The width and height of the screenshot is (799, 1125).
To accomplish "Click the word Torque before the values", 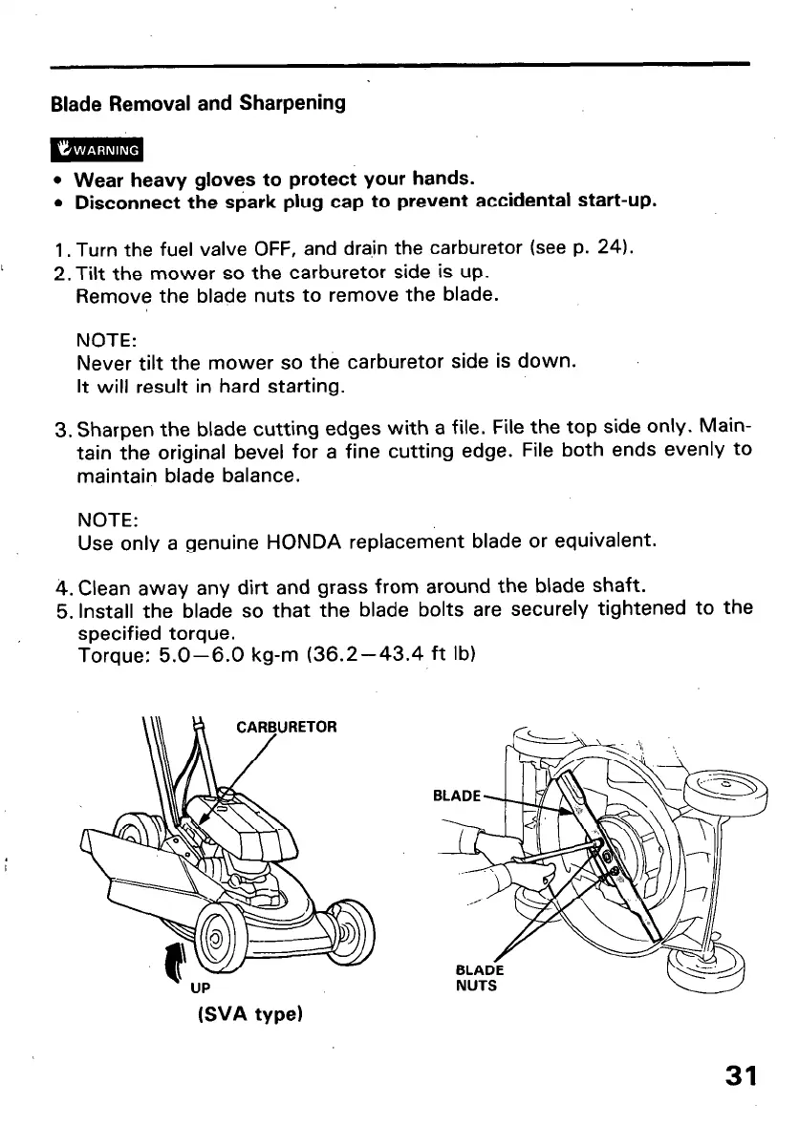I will [107, 655].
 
